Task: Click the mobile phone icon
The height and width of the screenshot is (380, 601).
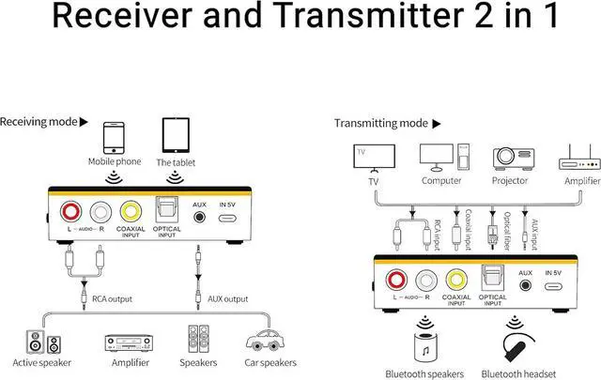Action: (x=113, y=136)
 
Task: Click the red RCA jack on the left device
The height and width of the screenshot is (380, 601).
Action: (x=69, y=213)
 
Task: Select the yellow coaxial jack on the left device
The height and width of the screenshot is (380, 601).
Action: (x=130, y=213)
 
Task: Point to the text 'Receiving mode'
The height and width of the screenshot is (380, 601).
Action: (x=38, y=122)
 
